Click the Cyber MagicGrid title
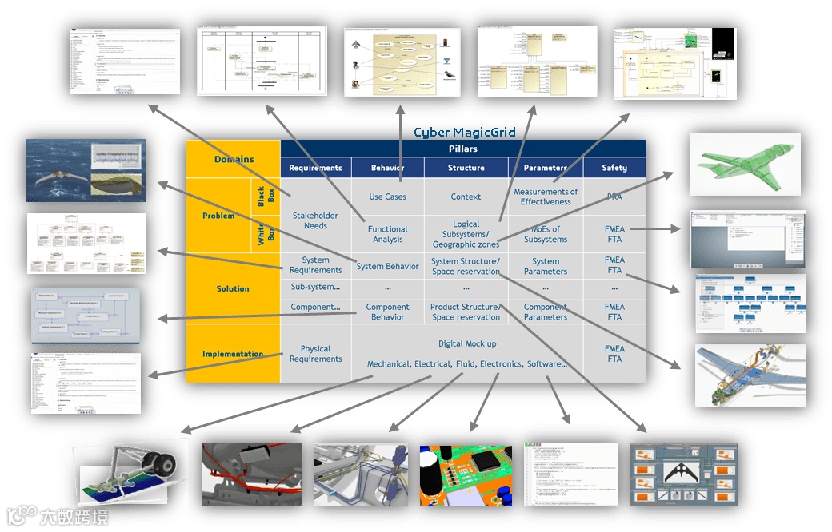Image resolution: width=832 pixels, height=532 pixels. (464, 132)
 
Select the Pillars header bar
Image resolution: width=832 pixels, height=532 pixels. (463, 149)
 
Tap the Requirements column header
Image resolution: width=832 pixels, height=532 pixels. (315, 168)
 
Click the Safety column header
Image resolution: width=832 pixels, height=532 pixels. (614, 168)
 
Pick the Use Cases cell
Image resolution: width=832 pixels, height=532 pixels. (387, 197)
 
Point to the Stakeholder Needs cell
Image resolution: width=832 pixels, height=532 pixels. (315, 220)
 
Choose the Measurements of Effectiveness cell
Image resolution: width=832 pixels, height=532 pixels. (546, 197)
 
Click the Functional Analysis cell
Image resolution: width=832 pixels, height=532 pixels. (387, 234)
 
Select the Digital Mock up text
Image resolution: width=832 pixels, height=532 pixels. (467, 343)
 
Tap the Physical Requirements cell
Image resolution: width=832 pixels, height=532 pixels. (315, 354)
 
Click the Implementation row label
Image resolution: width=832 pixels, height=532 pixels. (233, 354)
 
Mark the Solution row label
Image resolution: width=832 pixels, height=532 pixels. (233, 288)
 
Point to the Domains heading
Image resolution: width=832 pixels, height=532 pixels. (234, 159)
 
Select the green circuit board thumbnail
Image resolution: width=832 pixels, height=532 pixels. (466, 475)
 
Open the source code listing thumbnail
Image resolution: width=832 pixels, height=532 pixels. (570, 474)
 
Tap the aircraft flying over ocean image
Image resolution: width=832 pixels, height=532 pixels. (86, 169)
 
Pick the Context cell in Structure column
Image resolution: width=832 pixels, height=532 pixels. (466, 197)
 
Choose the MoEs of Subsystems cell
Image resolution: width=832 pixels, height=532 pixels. (546, 234)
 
